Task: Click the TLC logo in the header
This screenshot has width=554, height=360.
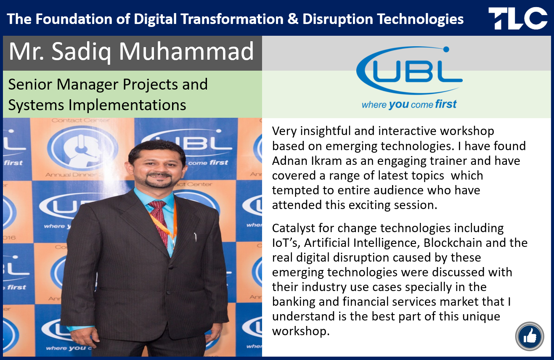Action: (x=518, y=19)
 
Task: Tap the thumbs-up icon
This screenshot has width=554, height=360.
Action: (x=530, y=336)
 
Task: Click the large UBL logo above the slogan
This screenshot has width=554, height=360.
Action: (x=409, y=70)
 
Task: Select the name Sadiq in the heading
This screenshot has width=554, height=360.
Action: (x=81, y=51)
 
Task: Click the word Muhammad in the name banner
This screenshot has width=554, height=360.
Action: (x=186, y=51)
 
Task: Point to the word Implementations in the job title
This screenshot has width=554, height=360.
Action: (x=127, y=105)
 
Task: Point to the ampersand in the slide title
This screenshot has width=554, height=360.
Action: (x=293, y=19)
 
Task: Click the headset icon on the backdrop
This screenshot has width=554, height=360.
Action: (x=82, y=149)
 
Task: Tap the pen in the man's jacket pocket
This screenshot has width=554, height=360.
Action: (x=195, y=237)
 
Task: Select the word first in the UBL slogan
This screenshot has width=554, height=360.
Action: (x=445, y=104)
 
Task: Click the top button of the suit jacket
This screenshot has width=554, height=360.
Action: (x=171, y=267)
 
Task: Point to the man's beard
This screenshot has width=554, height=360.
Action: (x=158, y=181)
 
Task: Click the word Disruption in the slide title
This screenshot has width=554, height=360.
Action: (x=338, y=19)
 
